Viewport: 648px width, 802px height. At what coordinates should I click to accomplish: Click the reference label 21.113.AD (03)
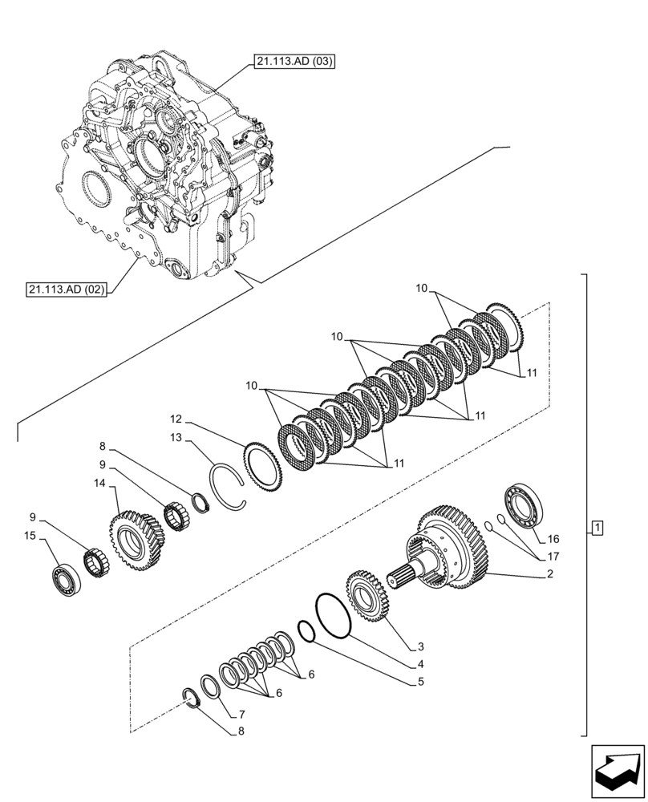[x=294, y=61]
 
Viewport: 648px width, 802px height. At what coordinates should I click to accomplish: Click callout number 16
[x=553, y=539]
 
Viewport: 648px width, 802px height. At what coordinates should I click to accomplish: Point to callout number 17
[x=553, y=556]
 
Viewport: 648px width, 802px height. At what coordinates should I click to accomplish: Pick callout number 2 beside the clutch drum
[x=550, y=574]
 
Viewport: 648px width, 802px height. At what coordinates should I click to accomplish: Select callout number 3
[x=420, y=646]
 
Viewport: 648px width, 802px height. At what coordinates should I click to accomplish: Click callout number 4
[x=420, y=664]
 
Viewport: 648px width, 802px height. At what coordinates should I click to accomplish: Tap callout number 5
[x=420, y=683]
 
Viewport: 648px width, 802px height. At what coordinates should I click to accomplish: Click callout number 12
[x=176, y=419]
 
